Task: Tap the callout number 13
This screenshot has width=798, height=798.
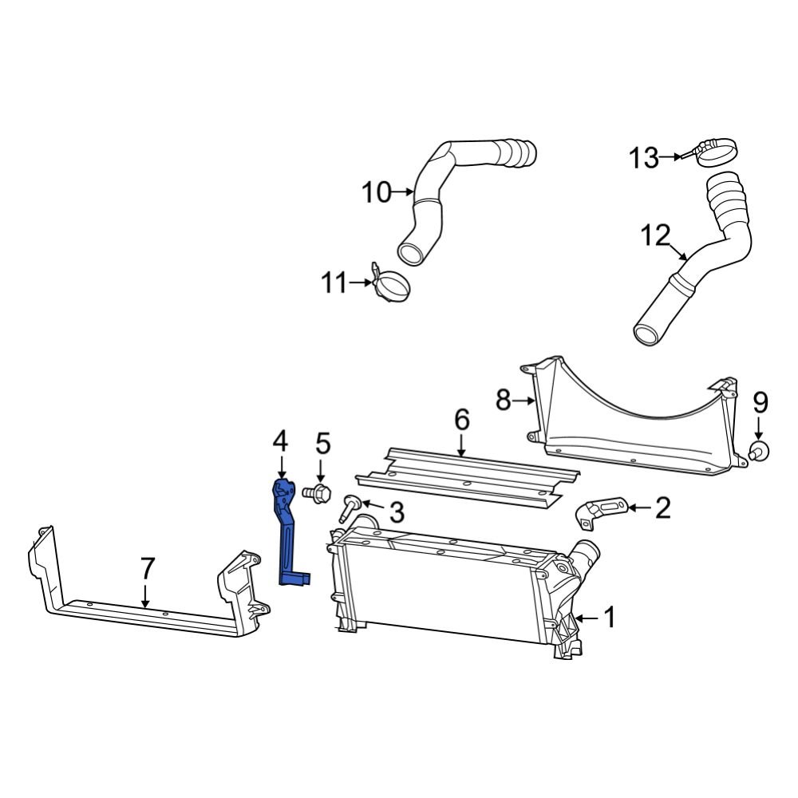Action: click(x=643, y=158)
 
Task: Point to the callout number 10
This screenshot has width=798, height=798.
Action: click(x=377, y=192)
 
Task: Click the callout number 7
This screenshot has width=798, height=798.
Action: click(x=146, y=568)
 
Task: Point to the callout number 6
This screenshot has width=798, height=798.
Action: click(x=462, y=421)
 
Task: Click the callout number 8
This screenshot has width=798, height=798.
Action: click(x=503, y=400)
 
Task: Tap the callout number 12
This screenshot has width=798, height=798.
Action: click(x=654, y=235)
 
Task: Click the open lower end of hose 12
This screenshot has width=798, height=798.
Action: click(x=646, y=333)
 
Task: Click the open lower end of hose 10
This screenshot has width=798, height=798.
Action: click(x=412, y=255)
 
